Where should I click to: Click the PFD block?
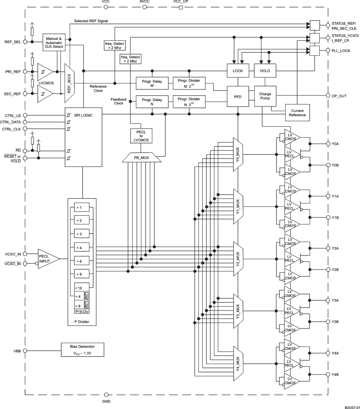point(238,97)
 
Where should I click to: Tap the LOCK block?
point(238,71)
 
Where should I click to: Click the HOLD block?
point(265,71)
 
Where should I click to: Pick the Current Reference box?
point(297,112)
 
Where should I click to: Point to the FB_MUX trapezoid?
point(141,157)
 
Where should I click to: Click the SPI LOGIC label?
point(83,115)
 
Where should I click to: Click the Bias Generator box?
point(82,350)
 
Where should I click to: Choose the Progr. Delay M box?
point(152,83)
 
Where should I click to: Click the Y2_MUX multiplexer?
point(238,258)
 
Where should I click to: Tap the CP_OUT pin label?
point(339,96)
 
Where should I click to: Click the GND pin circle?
point(106,395)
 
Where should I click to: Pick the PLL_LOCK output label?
point(341,50)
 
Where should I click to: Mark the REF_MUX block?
point(69,80)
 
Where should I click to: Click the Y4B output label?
point(335,374)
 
